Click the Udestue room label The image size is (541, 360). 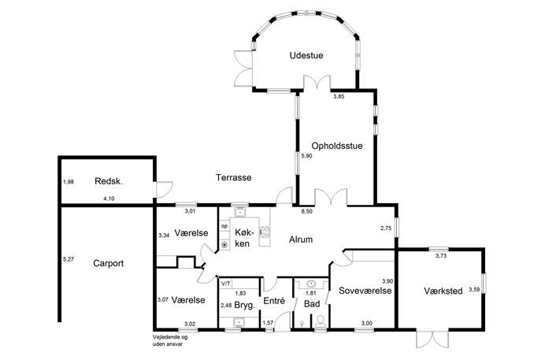click(x=306, y=55)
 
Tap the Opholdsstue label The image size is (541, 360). click(x=337, y=146)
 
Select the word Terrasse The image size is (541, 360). click(x=234, y=177)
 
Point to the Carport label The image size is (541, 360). click(x=109, y=263)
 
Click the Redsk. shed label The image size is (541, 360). click(x=109, y=181)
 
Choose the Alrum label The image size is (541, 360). click(x=301, y=239)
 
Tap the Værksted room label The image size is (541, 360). click(x=443, y=291)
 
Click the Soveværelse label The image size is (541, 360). click(x=365, y=290)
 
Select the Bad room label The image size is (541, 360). click(x=312, y=304)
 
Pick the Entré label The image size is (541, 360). click(x=274, y=301)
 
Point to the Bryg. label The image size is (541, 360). click(x=244, y=305)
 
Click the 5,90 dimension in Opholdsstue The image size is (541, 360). click(x=306, y=156)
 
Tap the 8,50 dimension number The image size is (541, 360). click(x=307, y=212)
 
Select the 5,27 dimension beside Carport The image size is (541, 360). click(x=69, y=259)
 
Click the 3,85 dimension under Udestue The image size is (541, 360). click(x=339, y=97)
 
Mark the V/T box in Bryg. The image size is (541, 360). click(x=226, y=284)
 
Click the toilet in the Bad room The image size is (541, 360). click(x=321, y=321)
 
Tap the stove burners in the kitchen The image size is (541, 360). click(x=265, y=232)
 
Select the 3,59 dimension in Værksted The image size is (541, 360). click(x=474, y=290)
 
